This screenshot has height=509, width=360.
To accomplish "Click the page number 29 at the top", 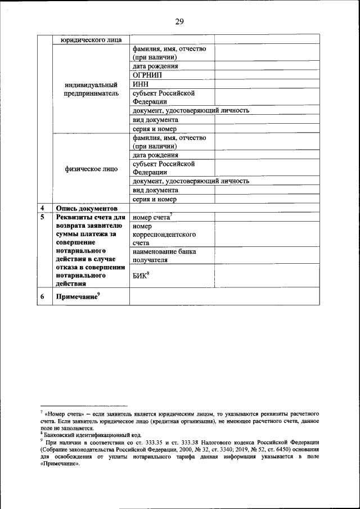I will (x=179, y=22).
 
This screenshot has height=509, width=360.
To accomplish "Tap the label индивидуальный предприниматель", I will (x=91, y=89).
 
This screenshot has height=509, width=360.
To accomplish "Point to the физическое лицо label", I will (x=91, y=169).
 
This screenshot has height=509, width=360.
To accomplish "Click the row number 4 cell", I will (x=42, y=208).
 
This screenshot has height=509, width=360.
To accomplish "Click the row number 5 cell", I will (x=42, y=217).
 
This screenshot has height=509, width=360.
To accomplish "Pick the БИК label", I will (x=141, y=276).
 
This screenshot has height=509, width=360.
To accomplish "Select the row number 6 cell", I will (x=42, y=296).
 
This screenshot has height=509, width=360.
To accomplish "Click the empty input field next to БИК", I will (x=267, y=276).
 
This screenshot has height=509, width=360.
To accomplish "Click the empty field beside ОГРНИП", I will (x=267, y=75).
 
